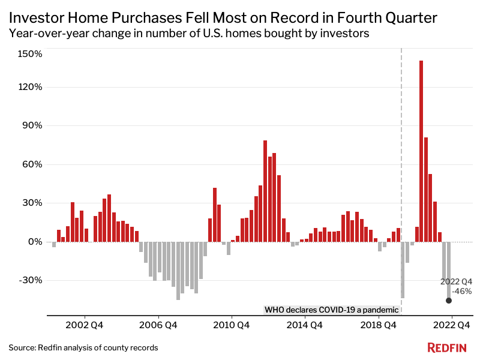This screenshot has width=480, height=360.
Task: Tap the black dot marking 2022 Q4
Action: click(x=449, y=301)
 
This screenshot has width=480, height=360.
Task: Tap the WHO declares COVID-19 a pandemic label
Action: click(x=331, y=310)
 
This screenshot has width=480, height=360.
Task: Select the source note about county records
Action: click(x=83, y=347)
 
